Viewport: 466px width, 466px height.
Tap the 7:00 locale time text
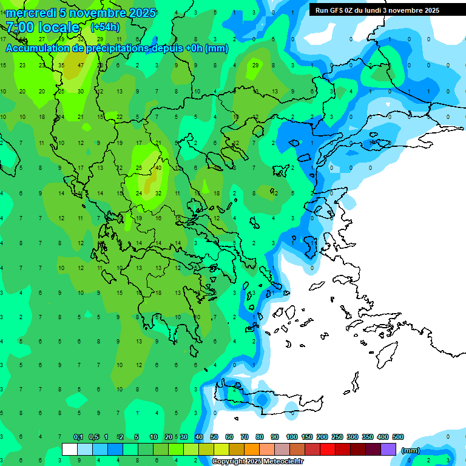42,27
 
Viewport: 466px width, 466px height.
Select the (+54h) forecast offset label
105,27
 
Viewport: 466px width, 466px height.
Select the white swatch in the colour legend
70,450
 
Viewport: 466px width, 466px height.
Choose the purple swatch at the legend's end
389,450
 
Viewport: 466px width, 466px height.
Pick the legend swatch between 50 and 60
221,450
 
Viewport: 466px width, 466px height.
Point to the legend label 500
398,437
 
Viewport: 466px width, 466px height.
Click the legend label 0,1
78,437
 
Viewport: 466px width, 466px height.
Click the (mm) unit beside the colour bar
411,450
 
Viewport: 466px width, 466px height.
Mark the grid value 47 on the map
81,65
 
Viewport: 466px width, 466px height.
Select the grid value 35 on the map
61,65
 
